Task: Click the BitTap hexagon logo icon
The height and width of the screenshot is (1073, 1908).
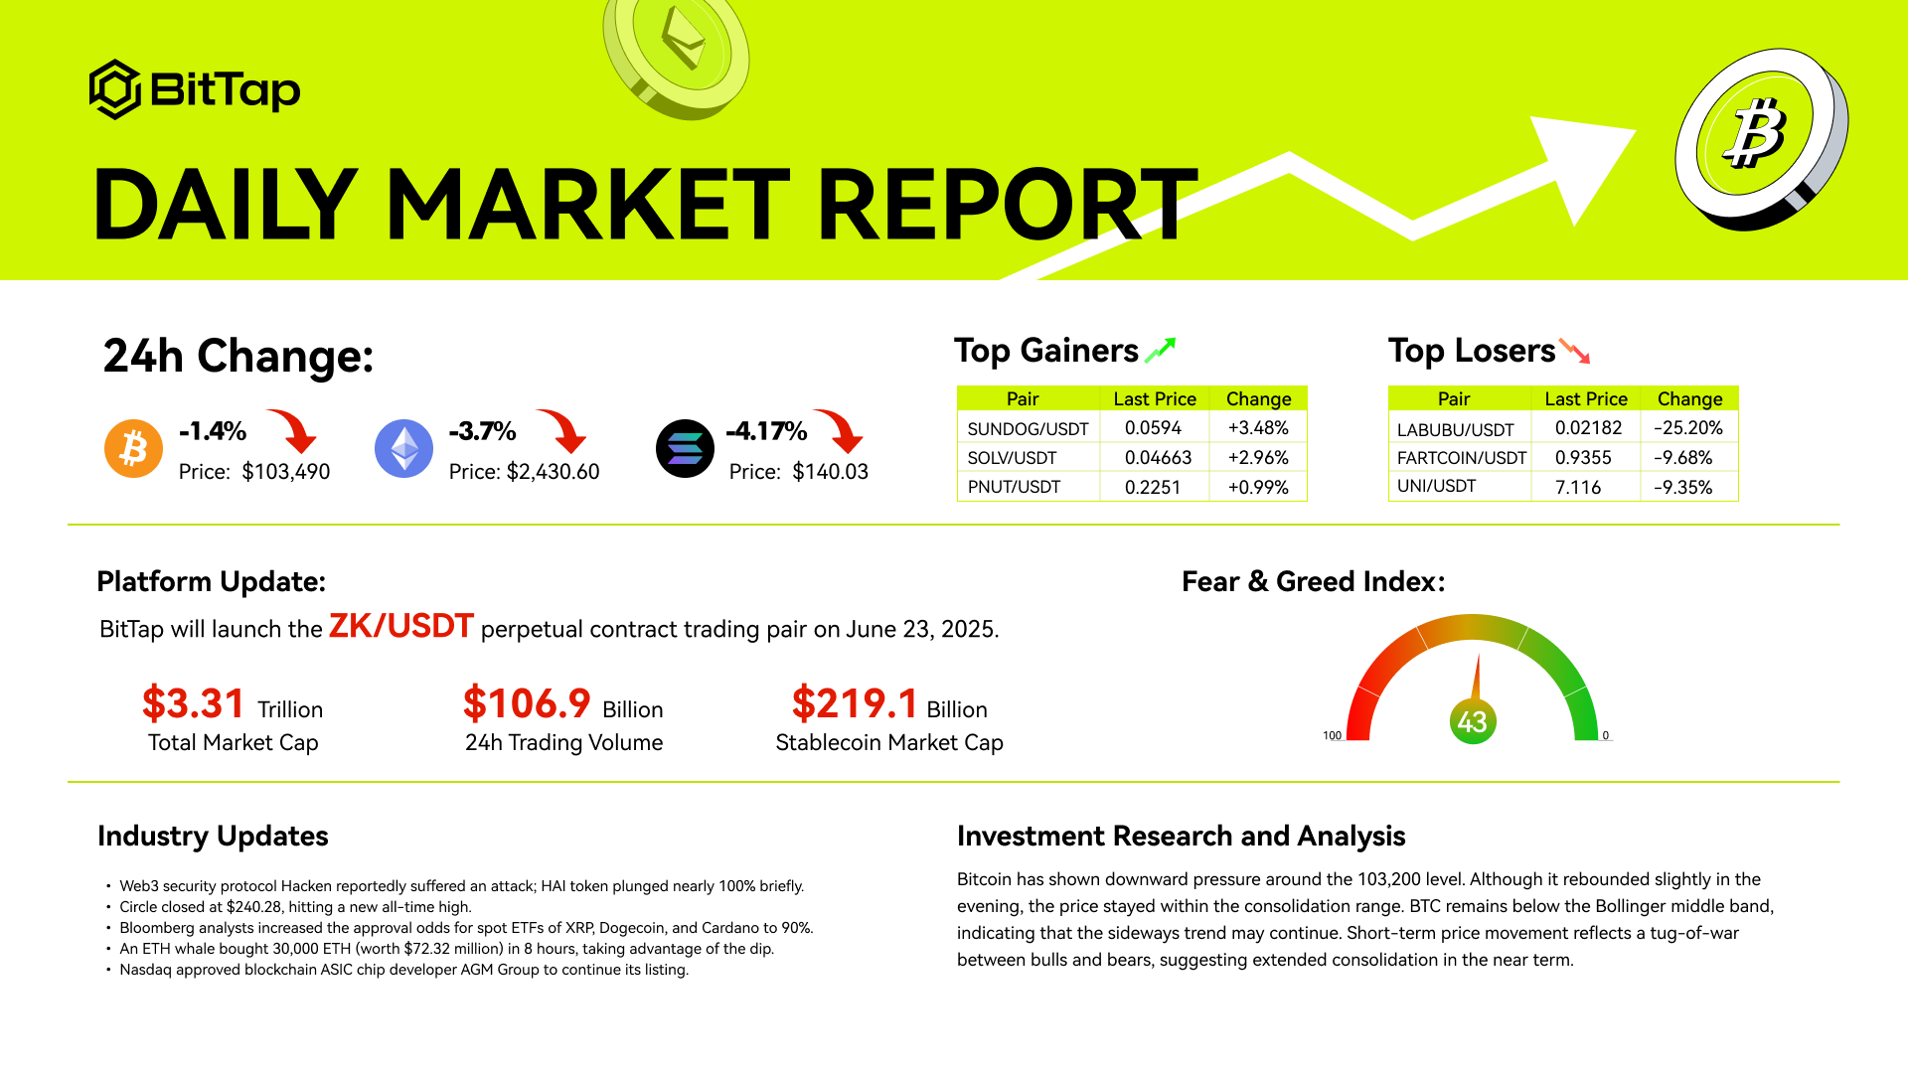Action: tap(115, 89)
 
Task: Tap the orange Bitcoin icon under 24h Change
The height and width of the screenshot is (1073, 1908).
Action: tap(133, 448)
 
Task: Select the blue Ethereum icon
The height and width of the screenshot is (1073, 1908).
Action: tap(403, 448)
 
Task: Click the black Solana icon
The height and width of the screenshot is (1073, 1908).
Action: tap(685, 448)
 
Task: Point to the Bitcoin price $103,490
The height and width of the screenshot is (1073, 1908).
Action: tap(286, 472)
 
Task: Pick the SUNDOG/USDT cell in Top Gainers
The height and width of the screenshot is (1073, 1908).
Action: tap(1028, 428)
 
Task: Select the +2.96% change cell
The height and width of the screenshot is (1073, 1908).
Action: tap(1258, 458)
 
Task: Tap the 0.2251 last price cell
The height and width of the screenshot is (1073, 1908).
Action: tap(1153, 487)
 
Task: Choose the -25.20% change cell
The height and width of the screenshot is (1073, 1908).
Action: tap(1688, 428)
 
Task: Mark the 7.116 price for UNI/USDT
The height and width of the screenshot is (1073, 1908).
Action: tap(1578, 487)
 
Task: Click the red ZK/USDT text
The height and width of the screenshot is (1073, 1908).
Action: tap(401, 626)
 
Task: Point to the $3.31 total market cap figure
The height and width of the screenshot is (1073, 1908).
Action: tap(194, 703)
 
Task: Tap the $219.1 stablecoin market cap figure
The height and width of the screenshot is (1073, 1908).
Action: tap(855, 703)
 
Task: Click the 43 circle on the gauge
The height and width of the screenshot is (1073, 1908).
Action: tap(1472, 721)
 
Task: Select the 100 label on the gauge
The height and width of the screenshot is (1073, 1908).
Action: tap(1332, 735)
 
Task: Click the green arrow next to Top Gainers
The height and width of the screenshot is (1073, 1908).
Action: tap(1161, 350)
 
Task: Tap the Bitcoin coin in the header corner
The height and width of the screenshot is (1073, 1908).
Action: tap(1761, 138)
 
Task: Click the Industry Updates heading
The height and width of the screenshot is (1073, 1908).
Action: tap(213, 837)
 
